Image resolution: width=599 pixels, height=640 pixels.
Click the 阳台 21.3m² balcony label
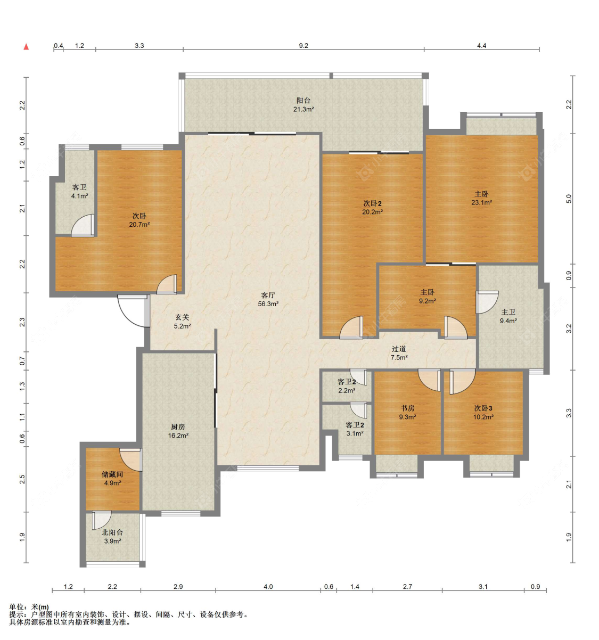pyautogui.click(x=303, y=105)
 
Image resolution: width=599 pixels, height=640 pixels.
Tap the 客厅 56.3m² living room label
pyautogui.click(x=268, y=299)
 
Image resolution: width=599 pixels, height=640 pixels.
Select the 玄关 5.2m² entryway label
pyautogui.click(x=182, y=321)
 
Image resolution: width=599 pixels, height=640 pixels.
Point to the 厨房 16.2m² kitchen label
pyautogui.click(x=178, y=431)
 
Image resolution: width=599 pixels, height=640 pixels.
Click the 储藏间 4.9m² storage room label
pyautogui.click(x=112, y=479)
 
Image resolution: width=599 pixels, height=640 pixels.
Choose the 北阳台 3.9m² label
pyautogui.click(x=112, y=537)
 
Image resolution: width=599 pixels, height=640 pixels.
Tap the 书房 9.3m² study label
pyautogui.click(x=407, y=412)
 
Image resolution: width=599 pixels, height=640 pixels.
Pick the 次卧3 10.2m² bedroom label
pyautogui.click(x=483, y=412)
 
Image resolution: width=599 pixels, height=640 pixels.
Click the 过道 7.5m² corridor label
pyautogui.click(x=399, y=353)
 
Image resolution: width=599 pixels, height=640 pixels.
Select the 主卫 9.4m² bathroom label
pyautogui.click(x=508, y=316)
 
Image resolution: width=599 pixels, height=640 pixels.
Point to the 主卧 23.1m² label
pyautogui.click(x=482, y=198)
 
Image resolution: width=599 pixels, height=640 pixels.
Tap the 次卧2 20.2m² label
pyautogui.click(x=372, y=207)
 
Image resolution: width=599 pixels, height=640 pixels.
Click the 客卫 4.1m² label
pyautogui.click(x=80, y=191)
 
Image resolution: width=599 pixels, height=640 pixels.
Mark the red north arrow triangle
pyautogui.click(x=27, y=47)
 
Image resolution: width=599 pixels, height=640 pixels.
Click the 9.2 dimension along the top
pyautogui.click(x=303, y=46)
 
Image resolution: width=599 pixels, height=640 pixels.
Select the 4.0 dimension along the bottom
pyautogui.click(x=268, y=587)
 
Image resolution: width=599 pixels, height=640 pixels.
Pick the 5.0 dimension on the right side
pyautogui.click(x=568, y=199)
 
